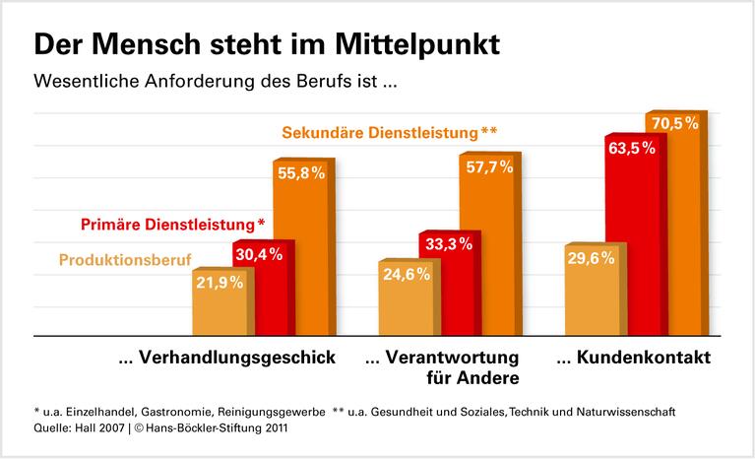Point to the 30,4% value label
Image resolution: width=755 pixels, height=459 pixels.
pos(258,254)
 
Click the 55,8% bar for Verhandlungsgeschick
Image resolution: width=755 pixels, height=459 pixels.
pos(298,256)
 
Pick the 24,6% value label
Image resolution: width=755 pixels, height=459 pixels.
pos(405,274)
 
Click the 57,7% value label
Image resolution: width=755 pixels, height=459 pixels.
pos(486,166)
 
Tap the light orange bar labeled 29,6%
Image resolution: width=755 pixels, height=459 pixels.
pos(591,295)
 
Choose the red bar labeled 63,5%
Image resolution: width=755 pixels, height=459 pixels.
pos(632,246)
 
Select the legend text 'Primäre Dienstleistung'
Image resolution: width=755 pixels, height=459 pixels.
pos(176,224)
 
